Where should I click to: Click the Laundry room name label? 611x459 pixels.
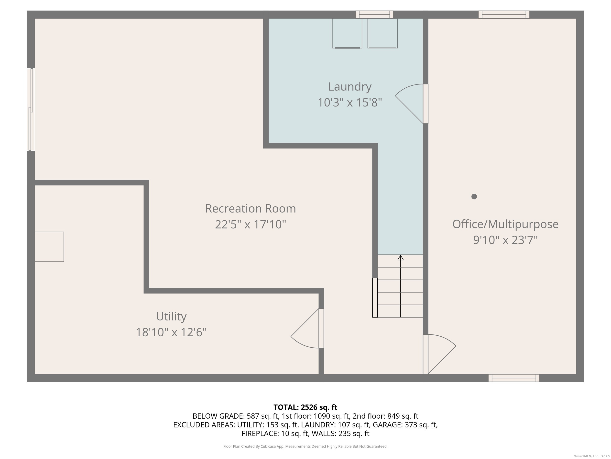pos(350,87)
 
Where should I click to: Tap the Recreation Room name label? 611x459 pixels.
pos(251,208)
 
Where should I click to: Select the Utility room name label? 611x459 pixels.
pos(171,317)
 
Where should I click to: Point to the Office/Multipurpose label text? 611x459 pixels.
pos(505,224)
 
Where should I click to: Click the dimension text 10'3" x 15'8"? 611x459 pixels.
pos(350,103)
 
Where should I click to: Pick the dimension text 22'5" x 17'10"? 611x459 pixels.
pos(251,224)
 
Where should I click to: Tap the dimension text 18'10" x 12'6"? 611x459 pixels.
pos(171,332)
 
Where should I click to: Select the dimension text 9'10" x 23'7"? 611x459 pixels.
pos(505,240)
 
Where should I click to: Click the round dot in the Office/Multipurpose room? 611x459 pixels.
pos(474,196)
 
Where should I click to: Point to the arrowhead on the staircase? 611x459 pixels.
pos(401,258)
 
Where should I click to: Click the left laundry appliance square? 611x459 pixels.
pos(347,33)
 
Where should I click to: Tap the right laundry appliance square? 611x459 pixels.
pos(382,33)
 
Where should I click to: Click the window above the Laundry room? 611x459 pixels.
pos(374,14)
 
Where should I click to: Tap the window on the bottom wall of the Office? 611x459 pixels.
pos(514,378)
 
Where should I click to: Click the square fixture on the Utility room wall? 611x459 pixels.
pos(49,247)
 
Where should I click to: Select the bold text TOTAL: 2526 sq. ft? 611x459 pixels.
pos(305,407)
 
